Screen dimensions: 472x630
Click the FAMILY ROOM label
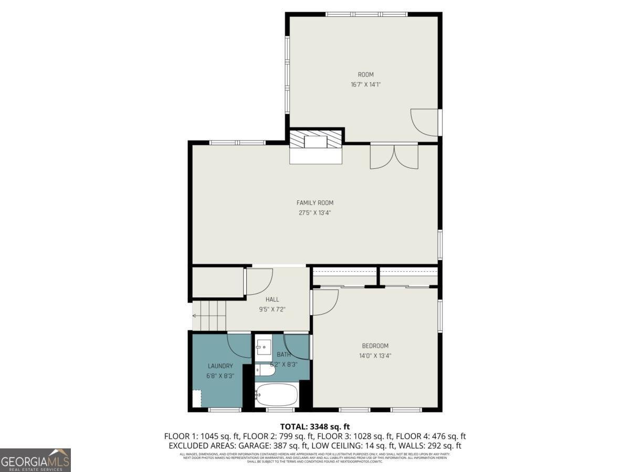[x=314, y=203]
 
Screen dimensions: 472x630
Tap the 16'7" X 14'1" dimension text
[x=365, y=84]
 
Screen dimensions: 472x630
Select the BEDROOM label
[x=375, y=346]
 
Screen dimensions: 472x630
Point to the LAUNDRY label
[x=220, y=366]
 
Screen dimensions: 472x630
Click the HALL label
[x=272, y=299]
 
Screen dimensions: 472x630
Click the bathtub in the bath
[x=277, y=394]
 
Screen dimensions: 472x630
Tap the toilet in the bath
[x=265, y=371]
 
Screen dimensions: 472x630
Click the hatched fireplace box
[x=316, y=140]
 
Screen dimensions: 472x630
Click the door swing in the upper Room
[x=424, y=122]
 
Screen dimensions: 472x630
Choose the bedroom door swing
[x=325, y=303]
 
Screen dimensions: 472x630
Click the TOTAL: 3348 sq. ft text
[x=315, y=427]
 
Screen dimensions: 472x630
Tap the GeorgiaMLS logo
[x=35, y=460]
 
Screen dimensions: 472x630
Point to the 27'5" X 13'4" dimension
[x=314, y=212]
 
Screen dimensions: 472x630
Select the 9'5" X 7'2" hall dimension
[x=272, y=309]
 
